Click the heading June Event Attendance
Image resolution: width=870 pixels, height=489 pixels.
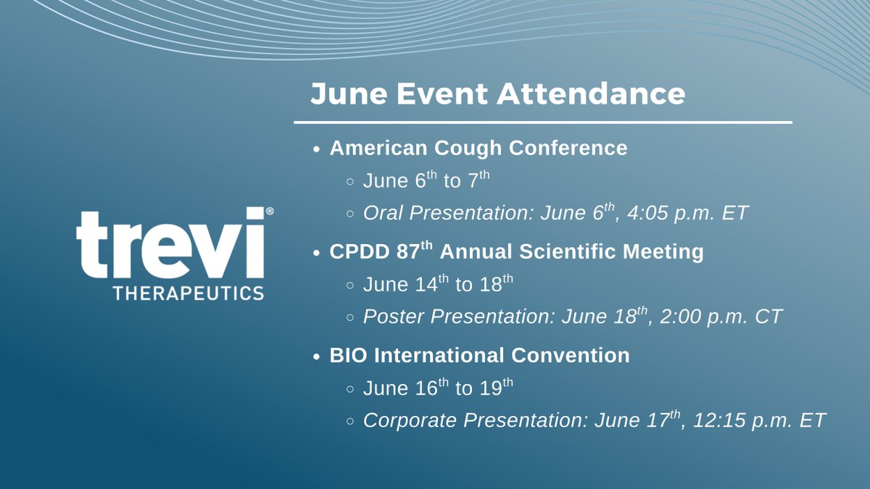pyautogui.click(x=497, y=93)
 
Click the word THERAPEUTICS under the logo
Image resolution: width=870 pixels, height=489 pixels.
pyautogui.click(x=188, y=293)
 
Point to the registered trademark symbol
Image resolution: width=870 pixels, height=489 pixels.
pyautogui.click(x=270, y=212)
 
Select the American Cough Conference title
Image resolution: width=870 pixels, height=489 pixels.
pyautogui.click(x=478, y=148)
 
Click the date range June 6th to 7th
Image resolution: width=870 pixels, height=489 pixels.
pyautogui.click(x=426, y=180)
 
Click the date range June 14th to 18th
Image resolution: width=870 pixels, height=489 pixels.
pyautogui.click(x=438, y=284)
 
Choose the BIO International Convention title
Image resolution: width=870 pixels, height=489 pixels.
pyautogui.click(x=479, y=356)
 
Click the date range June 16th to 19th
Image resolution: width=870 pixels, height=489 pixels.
pyautogui.click(x=438, y=388)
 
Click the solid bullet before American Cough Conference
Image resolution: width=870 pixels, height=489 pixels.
pyautogui.click(x=316, y=149)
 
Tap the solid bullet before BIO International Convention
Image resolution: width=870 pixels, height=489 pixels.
pyautogui.click(x=316, y=356)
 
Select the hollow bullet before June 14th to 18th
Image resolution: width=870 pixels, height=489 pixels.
pyautogui.click(x=350, y=285)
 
